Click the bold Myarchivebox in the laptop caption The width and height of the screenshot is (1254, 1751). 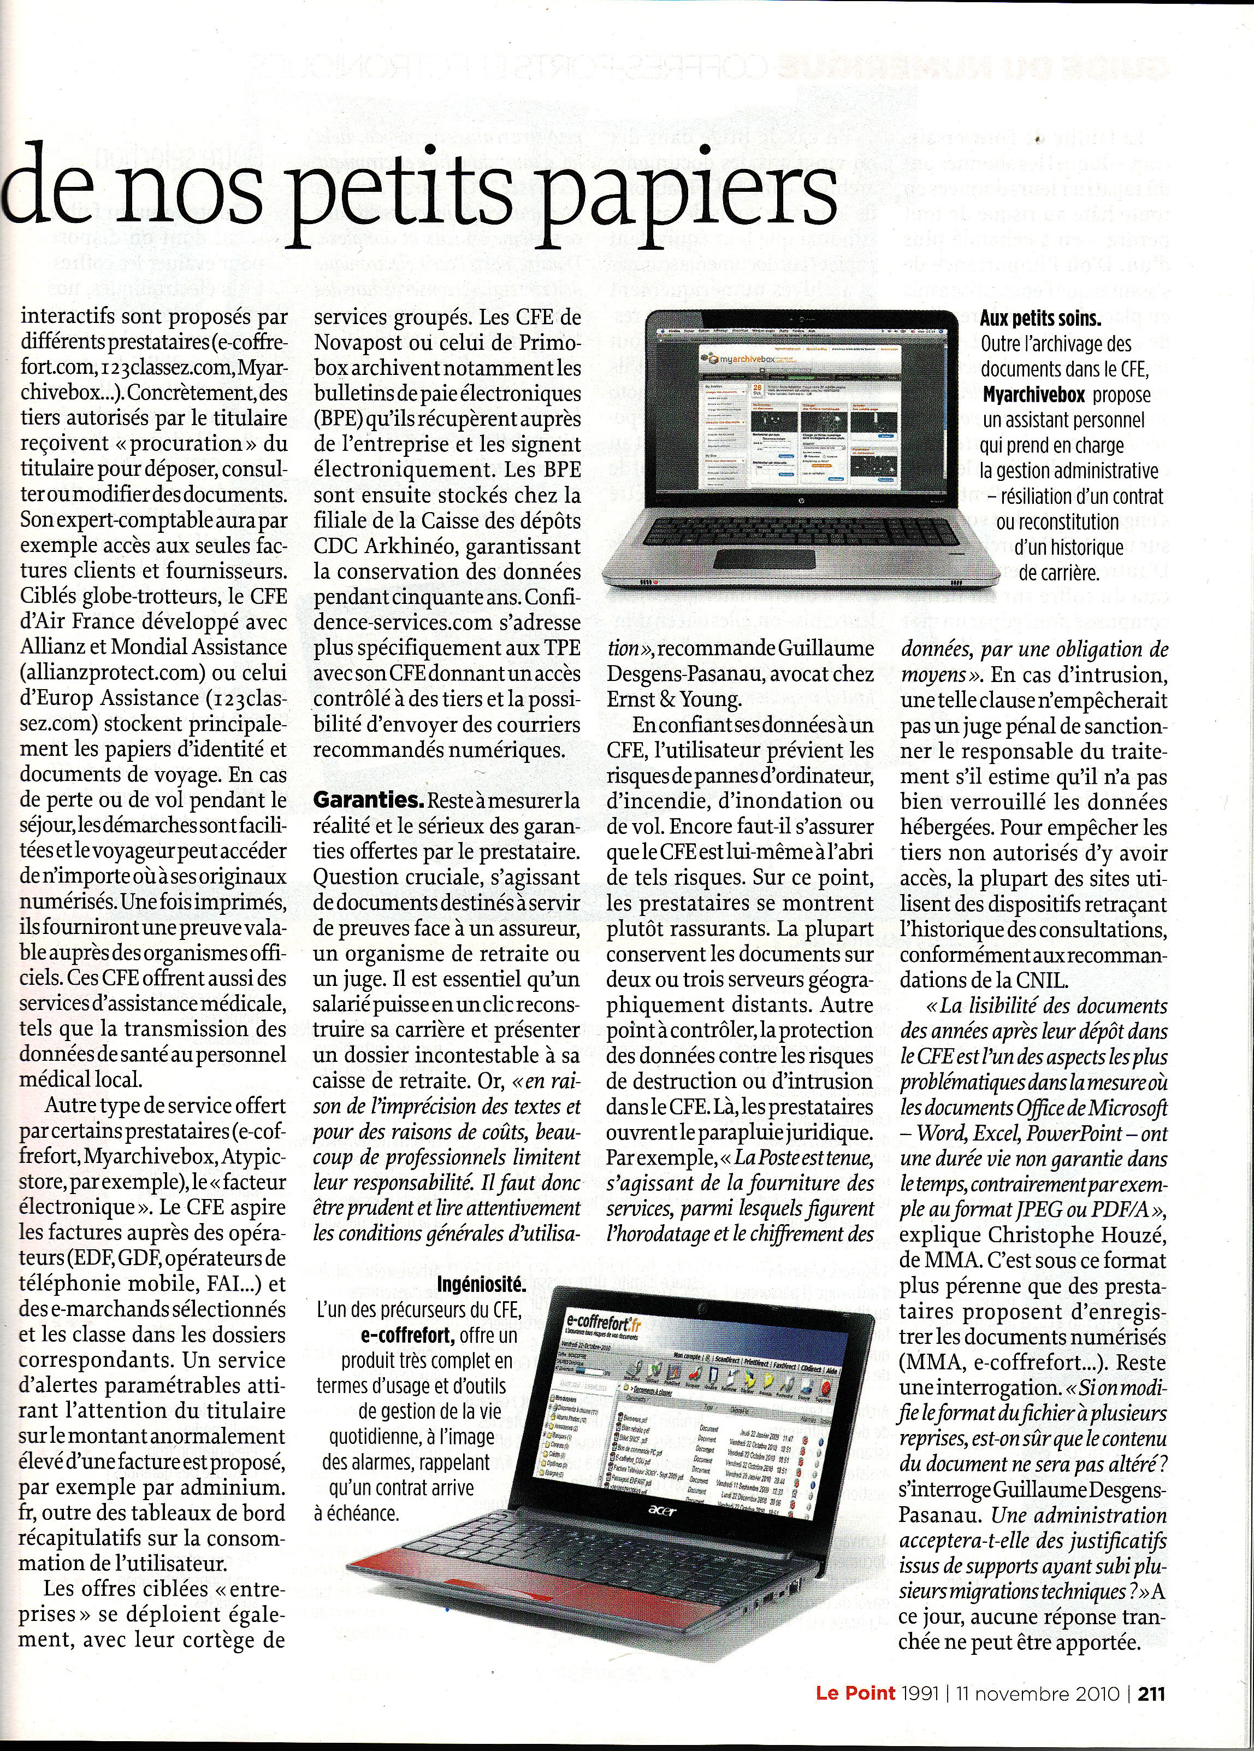[x=1034, y=395]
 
